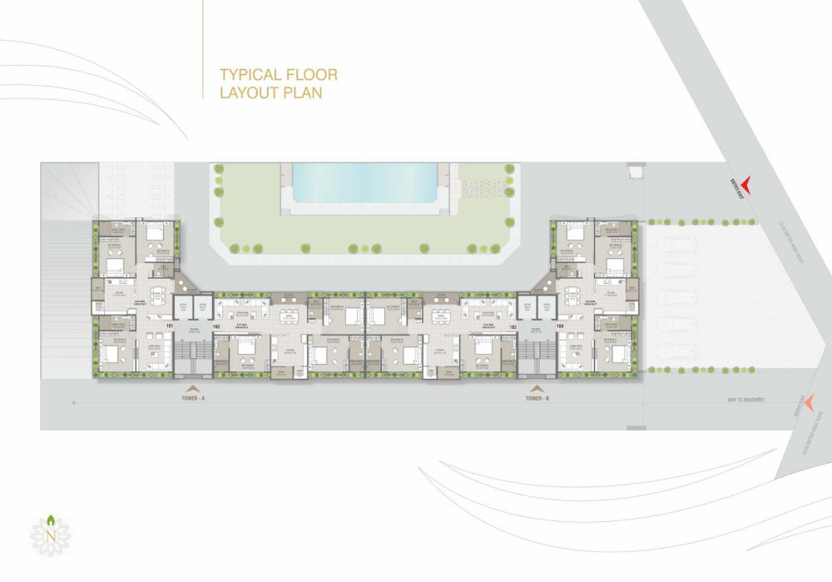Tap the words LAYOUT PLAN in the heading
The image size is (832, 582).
[x=270, y=92]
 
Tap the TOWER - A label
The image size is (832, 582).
[x=192, y=399]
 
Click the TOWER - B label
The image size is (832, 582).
[x=537, y=399]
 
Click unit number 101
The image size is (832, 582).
[x=169, y=326]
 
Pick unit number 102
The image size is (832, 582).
[x=215, y=326]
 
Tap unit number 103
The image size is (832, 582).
[x=513, y=326]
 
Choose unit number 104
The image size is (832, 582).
[x=560, y=326]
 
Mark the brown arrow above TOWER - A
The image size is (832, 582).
[x=192, y=389]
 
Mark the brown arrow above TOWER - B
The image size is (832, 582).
[x=537, y=389]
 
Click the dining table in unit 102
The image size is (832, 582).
[x=288, y=315]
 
